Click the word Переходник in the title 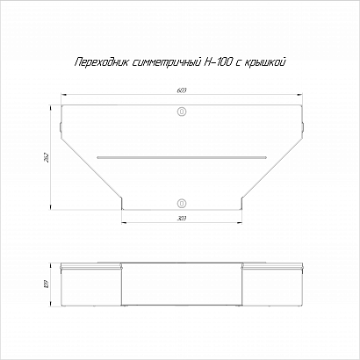click(101, 62)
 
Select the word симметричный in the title click(165, 62)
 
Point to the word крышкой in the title click(263, 62)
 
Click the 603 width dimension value click(182, 90)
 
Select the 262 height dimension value click(47, 157)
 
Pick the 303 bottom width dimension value click(182, 219)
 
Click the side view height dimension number click(47, 284)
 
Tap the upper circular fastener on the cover click(182, 112)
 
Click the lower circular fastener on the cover click(182, 203)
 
